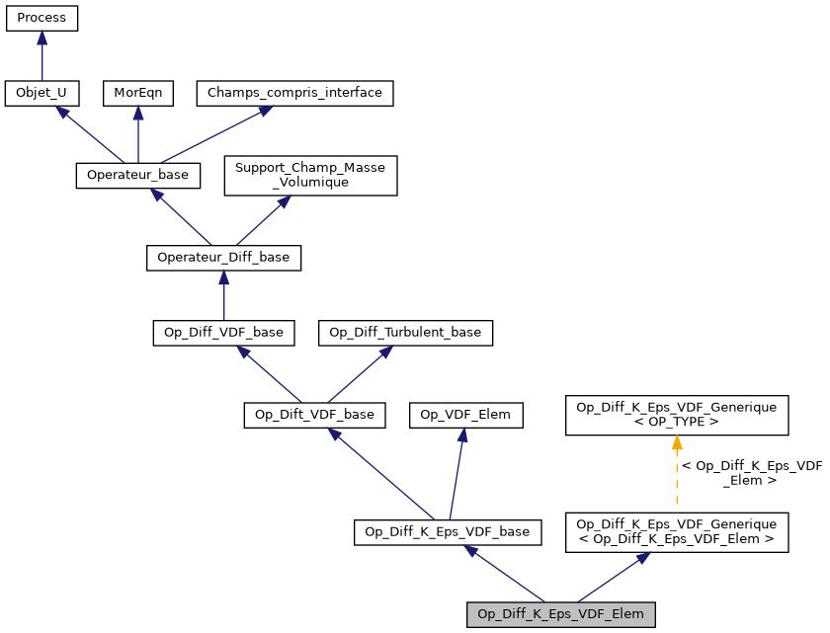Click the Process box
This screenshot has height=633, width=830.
click(41, 19)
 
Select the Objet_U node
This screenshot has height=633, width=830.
click(41, 93)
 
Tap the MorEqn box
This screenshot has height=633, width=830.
click(138, 93)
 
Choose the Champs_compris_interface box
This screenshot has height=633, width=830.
click(295, 93)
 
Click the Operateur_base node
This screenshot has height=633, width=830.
click(138, 175)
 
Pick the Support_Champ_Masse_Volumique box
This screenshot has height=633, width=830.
click(311, 175)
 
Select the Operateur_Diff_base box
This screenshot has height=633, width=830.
click(223, 258)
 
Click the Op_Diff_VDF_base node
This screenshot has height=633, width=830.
click(223, 332)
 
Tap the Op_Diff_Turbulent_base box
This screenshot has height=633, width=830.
click(405, 332)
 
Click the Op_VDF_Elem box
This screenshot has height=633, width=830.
click(465, 415)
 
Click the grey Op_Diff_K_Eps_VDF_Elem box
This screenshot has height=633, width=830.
click(560, 614)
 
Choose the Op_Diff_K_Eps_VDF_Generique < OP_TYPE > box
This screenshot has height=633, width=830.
click(676, 415)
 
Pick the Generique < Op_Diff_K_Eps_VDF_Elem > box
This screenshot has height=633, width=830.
click(676, 531)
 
